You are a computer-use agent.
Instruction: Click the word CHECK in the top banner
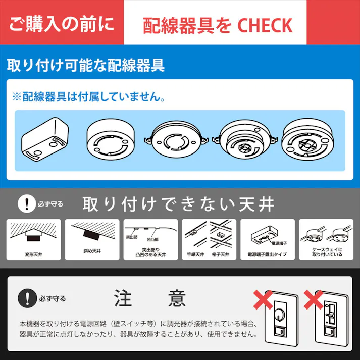pyautogui.click(x=265, y=25)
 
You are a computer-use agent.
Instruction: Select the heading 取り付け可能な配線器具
pyautogui.click(x=86, y=65)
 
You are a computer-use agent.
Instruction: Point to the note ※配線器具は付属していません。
pyautogui.click(x=88, y=96)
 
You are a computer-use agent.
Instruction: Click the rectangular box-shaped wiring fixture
pyautogui.click(x=45, y=138)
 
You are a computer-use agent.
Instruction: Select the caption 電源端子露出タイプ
pyautogui.click(x=267, y=254)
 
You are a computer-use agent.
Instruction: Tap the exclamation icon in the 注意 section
pyautogui.click(x=24, y=298)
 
